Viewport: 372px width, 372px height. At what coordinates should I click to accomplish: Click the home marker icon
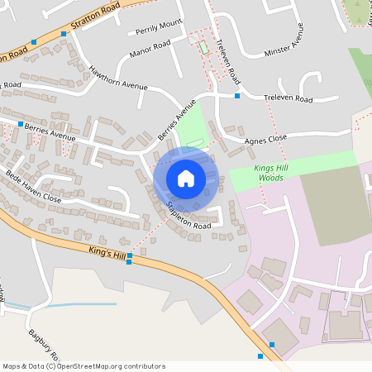pyautogui.click(x=186, y=178)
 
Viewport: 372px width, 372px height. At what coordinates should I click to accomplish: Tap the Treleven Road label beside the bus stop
pyautogui.click(x=289, y=98)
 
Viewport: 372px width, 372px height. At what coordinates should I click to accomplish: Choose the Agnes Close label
pyautogui.click(x=265, y=140)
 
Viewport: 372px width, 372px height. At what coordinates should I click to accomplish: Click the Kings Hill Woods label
pyautogui.click(x=273, y=173)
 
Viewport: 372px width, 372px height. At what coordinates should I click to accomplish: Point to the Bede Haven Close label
pyautogui.click(x=33, y=187)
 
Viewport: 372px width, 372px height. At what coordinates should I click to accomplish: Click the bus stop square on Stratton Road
pyautogui.click(x=34, y=41)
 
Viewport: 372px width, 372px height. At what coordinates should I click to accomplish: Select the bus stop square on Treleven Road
pyautogui.click(x=237, y=97)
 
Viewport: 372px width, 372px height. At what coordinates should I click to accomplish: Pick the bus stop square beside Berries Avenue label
pyautogui.click(x=21, y=124)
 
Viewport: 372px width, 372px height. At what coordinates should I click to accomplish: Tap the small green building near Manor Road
pyautogui.click(x=203, y=46)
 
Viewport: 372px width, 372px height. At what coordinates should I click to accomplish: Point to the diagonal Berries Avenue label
pyautogui.click(x=178, y=120)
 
